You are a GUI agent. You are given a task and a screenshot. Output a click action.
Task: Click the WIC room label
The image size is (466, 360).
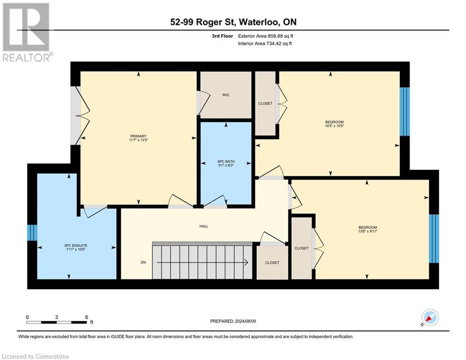pyautogui.click(x=226, y=95)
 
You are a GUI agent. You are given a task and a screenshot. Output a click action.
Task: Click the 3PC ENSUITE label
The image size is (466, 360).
pyautogui.click(x=76, y=245)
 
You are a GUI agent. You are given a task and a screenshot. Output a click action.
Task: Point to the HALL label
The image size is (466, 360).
pyautogui.click(x=204, y=226)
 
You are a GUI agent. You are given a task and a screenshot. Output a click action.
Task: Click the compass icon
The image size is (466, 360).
pyautogui.click(x=429, y=318)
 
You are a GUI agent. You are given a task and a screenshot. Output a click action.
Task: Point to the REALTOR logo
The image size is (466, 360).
pyautogui.click(x=26, y=32)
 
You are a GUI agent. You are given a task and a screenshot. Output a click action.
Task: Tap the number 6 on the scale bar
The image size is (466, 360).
pyautogui.click(x=86, y=317)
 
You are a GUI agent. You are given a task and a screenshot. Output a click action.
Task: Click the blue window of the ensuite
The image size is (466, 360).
pyautogui.click(x=32, y=232)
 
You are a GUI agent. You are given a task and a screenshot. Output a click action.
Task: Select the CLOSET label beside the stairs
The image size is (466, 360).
pyautogui.click(x=272, y=262)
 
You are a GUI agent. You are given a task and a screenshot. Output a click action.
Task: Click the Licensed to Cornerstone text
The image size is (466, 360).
pyautogui.click(x=36, y=356)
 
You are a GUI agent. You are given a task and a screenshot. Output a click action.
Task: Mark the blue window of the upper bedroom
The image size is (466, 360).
pyautogui.click(x=405, y=111)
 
